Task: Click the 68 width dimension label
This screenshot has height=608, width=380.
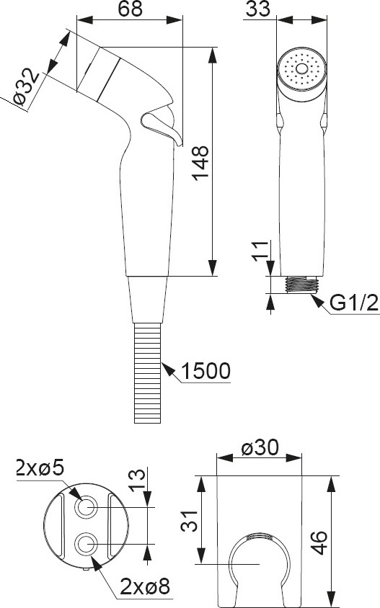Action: click(130, 9)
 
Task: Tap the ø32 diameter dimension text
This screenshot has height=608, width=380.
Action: click(26, 86)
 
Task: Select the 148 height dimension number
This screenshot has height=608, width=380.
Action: click(201, 163)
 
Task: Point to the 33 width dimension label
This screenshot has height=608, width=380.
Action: click(257, 9)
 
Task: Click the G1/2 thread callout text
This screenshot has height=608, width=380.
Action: click(354, 303)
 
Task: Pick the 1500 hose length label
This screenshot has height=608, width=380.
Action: click(206, 371)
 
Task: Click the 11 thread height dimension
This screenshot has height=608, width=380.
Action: click(260, 251)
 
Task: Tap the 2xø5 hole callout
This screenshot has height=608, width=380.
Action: click(40, 468)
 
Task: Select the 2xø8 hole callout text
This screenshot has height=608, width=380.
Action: click(145, 586)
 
